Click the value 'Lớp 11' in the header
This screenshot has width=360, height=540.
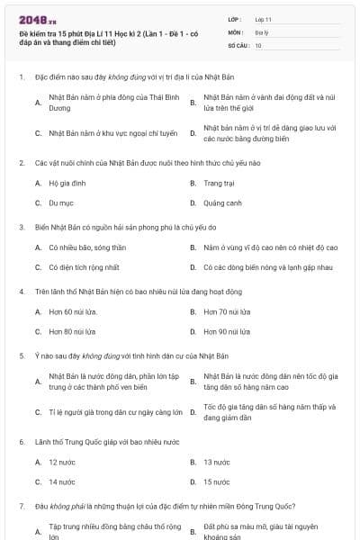[x=263, y=18]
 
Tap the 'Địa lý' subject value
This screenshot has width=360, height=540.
[x=260, y=31]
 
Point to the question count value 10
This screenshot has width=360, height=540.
[x=258, y=44]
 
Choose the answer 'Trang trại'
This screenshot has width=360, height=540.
[x=219, y=183]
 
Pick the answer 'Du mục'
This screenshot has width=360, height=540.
[x=60, y=203]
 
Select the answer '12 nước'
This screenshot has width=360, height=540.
[x=62, y=462]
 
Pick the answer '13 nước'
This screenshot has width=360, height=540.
[x=217, y=462]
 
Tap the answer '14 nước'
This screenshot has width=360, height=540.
[x=62, y=481]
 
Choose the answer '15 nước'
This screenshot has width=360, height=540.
[x=217, y=481]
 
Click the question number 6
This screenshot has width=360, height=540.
[x=21, y=442]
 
